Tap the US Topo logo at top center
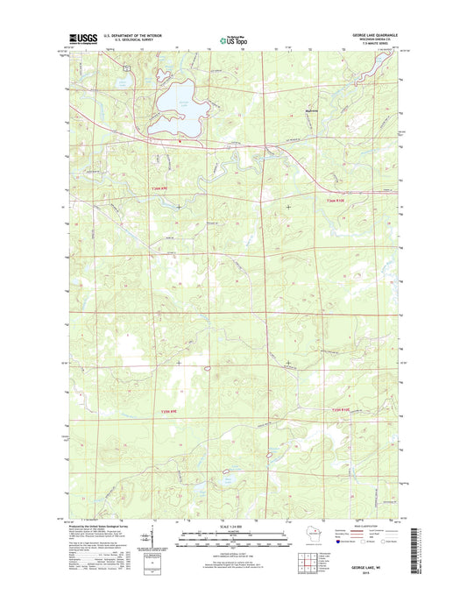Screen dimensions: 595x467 pos(234,39)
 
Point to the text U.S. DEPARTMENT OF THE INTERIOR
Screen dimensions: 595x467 pos(135,35)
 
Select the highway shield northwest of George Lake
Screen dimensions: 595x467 pos(128,67)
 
